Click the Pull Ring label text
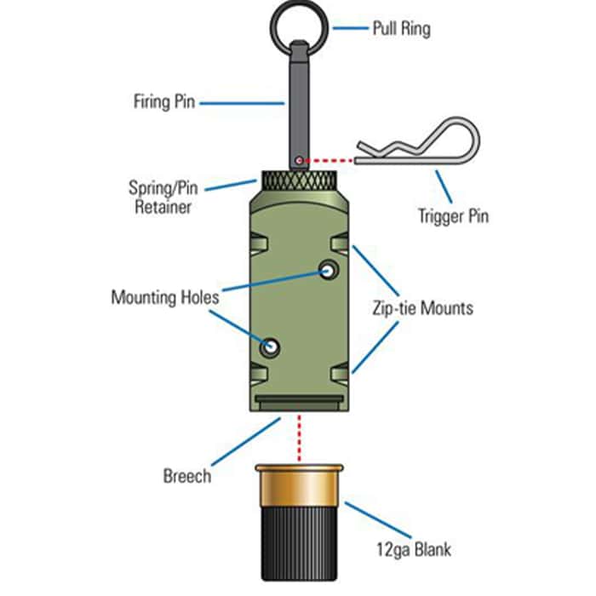coord(401,28)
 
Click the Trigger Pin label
coord(454,215)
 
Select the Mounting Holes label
coord(164,298)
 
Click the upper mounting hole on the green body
coord(328,272)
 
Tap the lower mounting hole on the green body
coord(271,347)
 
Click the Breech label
coord(186,475)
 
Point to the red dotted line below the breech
coord(299,438)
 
